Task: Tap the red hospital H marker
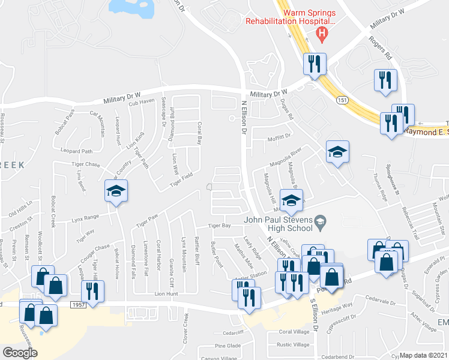click(322, 34)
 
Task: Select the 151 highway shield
click(341, 98)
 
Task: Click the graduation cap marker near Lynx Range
click(116, 192)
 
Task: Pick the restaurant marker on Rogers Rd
click(385, 80)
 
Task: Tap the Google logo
click(20, 353)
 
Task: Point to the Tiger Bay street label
click(219, 226)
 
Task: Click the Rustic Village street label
click(294, 344)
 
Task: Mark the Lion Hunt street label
click(167, 294)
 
